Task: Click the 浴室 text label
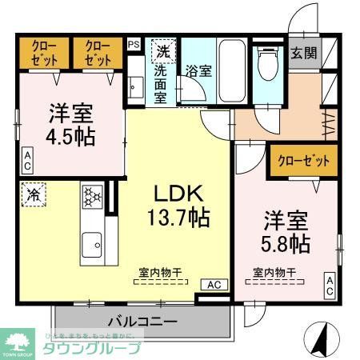pos(198,70)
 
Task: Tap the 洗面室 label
pos(161,83)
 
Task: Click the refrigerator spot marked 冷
pos(35,194)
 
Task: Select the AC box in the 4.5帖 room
pos(26,160)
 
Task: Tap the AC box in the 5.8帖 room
pos(330,286)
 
